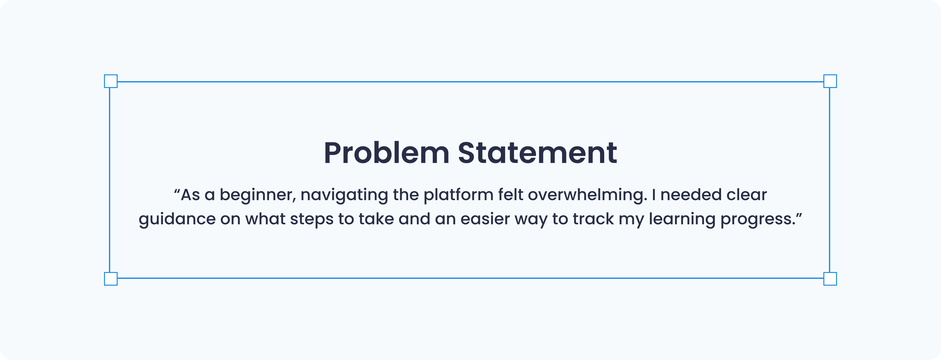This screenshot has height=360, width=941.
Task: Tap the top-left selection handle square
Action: pos(111,81)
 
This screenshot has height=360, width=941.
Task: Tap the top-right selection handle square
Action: pos(830,81)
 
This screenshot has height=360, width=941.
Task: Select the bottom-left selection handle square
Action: pos(111,279)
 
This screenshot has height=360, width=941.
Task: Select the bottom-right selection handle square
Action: pos(830,279)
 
